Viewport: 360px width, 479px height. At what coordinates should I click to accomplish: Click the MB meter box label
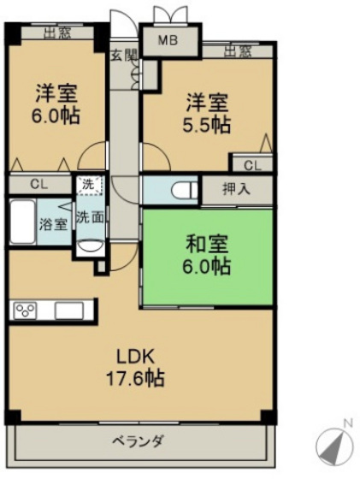click(168, 41)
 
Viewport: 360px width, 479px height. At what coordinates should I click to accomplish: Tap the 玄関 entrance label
click(123, 55)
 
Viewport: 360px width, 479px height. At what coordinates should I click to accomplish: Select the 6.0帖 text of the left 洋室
click(56, 115)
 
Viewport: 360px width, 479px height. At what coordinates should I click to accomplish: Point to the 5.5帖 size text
click(206, 125)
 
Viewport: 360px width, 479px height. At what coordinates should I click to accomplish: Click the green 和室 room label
click(207, 244)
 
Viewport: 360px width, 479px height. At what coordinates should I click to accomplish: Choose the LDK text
click(135, 357)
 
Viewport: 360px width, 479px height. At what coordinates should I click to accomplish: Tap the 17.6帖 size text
click(135, 378)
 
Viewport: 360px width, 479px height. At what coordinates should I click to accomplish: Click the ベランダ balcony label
click(138, 441)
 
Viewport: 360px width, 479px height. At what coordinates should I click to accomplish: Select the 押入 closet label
click(237, 189)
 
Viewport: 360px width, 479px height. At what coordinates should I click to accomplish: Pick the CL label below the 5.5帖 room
click(253, 165)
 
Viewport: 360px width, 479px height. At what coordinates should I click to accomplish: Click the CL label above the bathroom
click(39, 184)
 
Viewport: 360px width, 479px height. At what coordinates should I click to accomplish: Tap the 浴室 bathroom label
click(53, 224)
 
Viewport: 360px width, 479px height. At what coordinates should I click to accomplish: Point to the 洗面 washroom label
click(90, 217)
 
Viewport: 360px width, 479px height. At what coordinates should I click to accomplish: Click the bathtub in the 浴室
click(22, 222)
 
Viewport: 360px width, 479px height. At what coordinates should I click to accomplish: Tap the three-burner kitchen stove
click(25, 310)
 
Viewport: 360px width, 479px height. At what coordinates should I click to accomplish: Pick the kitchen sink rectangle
click(69, 311)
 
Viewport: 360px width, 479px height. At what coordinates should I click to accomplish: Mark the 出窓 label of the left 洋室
click(57, 33)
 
